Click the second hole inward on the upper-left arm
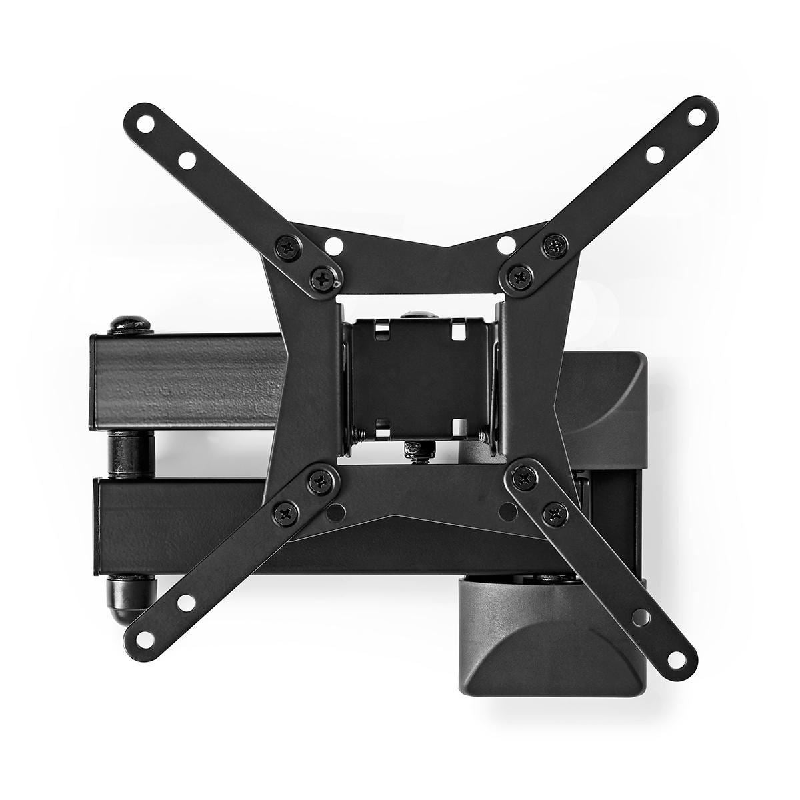(x=186, y=160)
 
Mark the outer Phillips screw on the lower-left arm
(x=287, y=512)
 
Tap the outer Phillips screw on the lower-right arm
(x=554, y=512)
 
